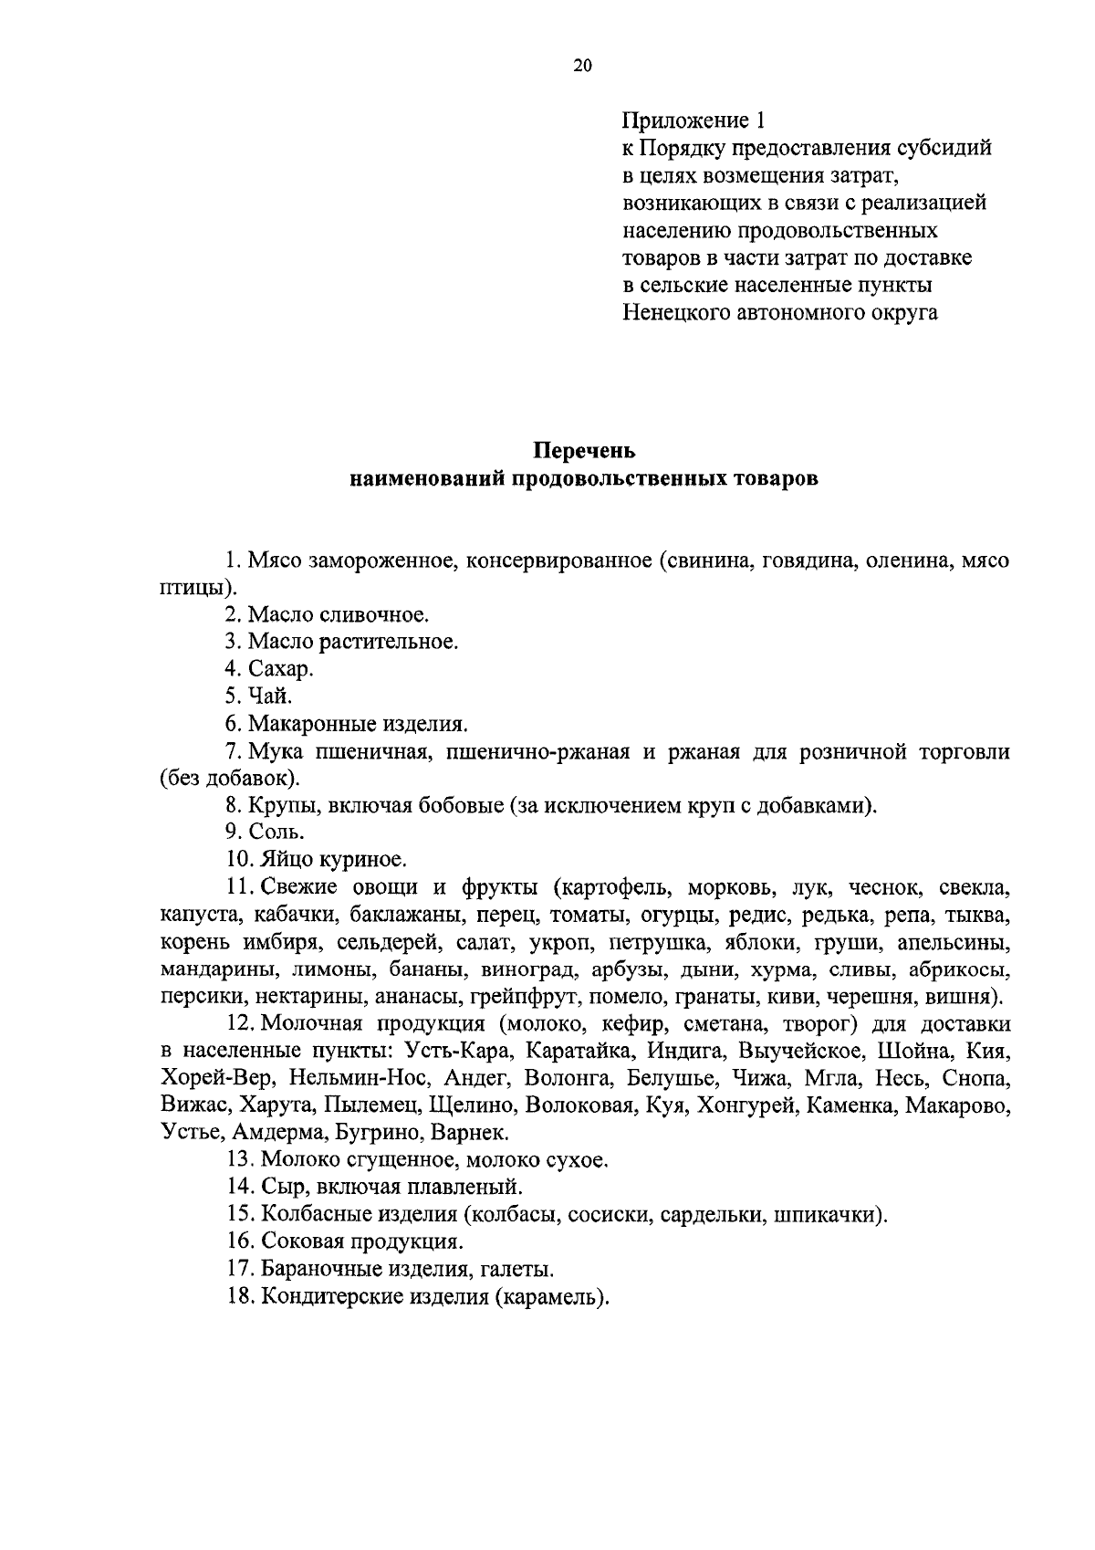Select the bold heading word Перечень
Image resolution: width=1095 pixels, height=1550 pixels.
[584, 451]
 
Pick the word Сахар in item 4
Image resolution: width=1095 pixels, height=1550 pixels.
[281, 669]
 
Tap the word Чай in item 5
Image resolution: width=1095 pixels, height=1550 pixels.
[270, 696]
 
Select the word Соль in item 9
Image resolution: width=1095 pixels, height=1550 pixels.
[276, 832]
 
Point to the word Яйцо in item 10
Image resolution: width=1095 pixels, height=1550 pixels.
[287, 859]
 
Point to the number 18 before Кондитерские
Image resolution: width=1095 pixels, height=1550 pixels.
[239, 1296]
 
